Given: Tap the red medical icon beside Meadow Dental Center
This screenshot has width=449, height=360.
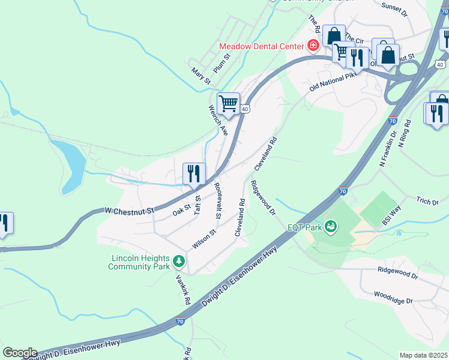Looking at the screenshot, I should click(312, 46).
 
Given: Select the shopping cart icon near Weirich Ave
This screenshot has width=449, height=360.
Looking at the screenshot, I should click(228, 104).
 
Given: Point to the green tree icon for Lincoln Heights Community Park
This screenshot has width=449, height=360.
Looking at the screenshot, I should click(178, 261).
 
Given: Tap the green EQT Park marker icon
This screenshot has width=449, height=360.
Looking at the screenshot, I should click(330, 226).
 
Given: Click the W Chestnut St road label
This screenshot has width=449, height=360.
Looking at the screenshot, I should click(130, 211).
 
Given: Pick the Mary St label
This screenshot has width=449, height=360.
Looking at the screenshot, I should click(201, 76).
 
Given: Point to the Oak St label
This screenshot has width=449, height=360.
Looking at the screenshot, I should click(181, 209).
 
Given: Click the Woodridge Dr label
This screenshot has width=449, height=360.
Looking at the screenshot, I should click(393, 298).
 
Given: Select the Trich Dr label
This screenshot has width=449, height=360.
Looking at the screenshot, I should click(427, 201).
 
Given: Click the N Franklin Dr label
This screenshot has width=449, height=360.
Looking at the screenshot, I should click(389, 150).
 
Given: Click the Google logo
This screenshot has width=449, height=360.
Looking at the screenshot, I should click(20, 352).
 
